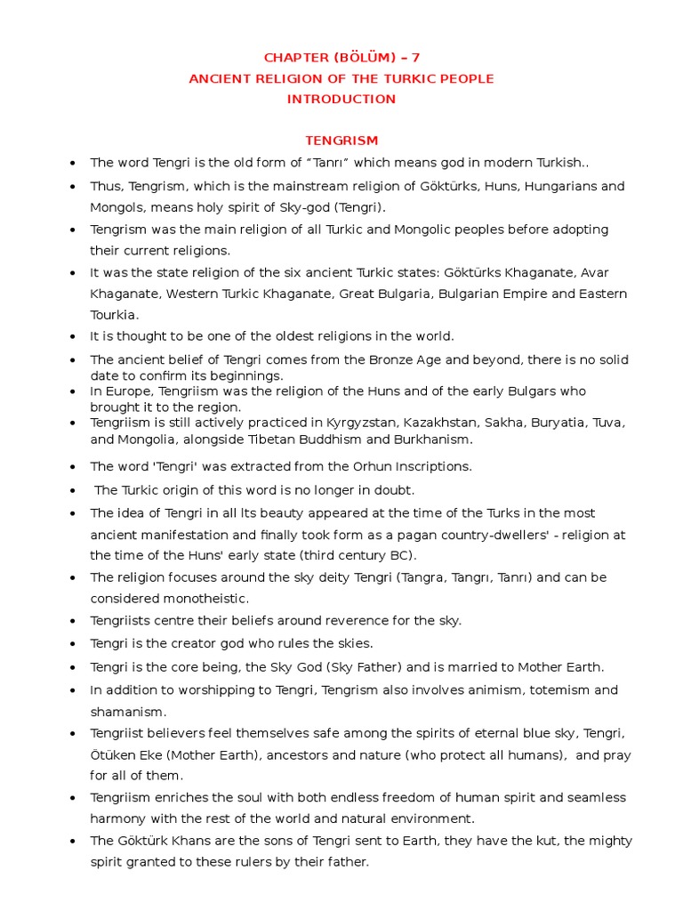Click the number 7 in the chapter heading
coord(414,58)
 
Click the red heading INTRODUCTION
coord(341,99)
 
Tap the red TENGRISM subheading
coord(341,141)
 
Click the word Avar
coord(595,272)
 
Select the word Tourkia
coord(113,315)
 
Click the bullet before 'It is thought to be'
coord(73,337)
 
